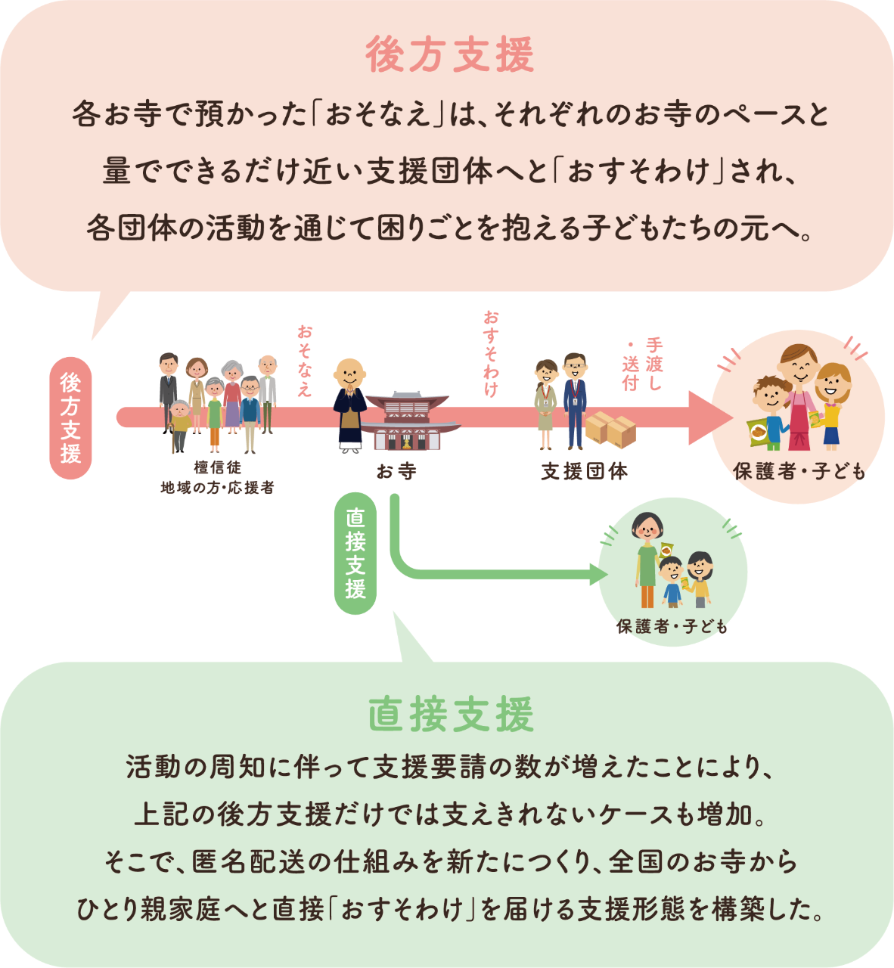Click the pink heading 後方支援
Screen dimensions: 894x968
pyautogui.click(x=450, y=54)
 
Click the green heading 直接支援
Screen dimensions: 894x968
pyautogui.click(x=451, y=714)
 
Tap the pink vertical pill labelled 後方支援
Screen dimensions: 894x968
pyautogui.click(x=71, y=418)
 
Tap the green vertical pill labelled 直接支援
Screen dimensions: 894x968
pyautogui.click(x=355, y=554)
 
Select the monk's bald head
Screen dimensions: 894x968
pyautogui.click(x=349, y=372)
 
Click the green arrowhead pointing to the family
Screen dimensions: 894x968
pyautogui.click(x=599, y=574)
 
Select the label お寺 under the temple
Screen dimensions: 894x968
pyautogui.click(x=396, y=471)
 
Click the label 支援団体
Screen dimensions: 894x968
pyautogui.click(x=585, y=471)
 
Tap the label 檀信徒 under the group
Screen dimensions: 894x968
pyautogui.click(x=218, y=467)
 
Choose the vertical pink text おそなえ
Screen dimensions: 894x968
pyautogui.click(x=305, y=361)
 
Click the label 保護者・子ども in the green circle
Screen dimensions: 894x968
pyautogui.click(x=672, y=626)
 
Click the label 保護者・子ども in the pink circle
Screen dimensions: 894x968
pyautogui.click(x=799, y=471)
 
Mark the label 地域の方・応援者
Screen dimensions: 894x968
pyautogui.click(x=218, y=488)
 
